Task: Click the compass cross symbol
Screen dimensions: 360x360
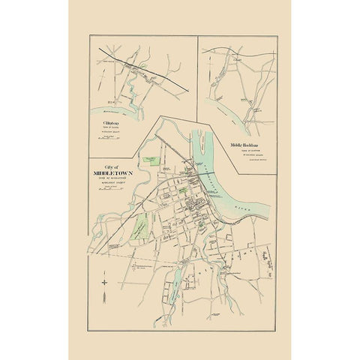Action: [x=106, y=282]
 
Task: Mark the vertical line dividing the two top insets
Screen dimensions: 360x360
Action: [x=196, y=75]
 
